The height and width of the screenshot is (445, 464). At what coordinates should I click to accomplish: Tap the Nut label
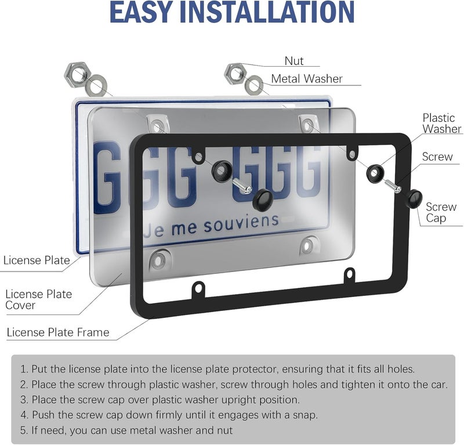[x=294, y=61]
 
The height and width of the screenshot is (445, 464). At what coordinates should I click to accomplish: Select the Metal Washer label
[x=307, y=78]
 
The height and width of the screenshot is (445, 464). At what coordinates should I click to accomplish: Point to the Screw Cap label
[x=441, y=212]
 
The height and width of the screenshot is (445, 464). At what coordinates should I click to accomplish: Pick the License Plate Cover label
[x=39, y=299]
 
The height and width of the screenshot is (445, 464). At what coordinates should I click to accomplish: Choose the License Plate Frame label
[x=58, y=332]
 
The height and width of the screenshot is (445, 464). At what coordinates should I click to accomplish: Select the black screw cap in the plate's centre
[x=263, y=199]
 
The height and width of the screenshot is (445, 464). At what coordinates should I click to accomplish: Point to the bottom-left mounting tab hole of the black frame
[x=198, y=287]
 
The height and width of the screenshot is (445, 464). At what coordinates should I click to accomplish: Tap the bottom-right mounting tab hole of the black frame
[x=350, y=273]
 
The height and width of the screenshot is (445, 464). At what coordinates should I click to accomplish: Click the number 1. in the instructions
[x=24, y=369]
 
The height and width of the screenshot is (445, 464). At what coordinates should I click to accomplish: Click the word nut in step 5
[x=224, y=430]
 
